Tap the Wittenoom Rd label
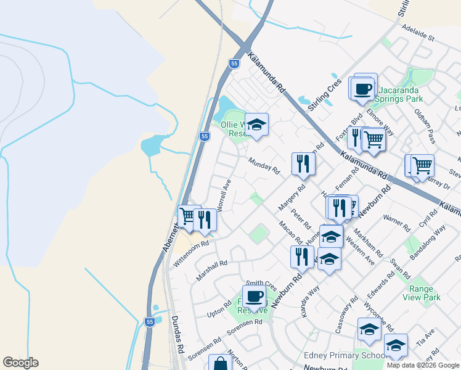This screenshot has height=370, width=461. (x=191, y=252)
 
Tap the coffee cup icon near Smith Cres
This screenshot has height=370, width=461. (x=254, y=297)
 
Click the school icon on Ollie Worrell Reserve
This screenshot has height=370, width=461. (x=256, y=125)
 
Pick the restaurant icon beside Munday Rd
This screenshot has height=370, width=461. (x=303, y=163)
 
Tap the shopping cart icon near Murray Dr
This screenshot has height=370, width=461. (x=422, y=165)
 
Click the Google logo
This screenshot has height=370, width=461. (x=20, y=363)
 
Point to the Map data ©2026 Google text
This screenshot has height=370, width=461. (x=422, y=365)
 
